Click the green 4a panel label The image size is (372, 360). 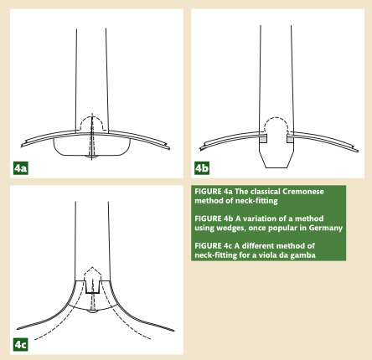click(21, 168)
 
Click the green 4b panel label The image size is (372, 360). click(202, 168)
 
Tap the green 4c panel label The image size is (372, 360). click(21, 345)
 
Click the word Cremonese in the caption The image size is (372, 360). click(303, 192)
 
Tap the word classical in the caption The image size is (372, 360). click(266, 192)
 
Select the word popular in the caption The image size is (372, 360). click(283, 229)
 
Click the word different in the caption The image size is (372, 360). click(258, 246)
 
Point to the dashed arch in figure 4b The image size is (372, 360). click(276, 118)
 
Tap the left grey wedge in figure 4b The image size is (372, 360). click(263, 138)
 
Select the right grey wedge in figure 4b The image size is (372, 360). click(290, 138)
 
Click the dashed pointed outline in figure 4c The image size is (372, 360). click(92, 268)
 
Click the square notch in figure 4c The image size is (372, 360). click(93, 292)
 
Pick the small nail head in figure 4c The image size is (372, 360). click(92, 311)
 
